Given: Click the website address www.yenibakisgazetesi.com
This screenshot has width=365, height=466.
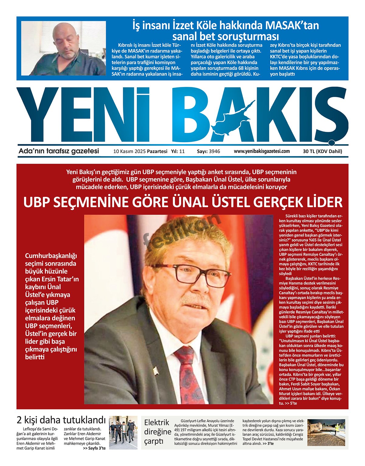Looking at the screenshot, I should point(262,151).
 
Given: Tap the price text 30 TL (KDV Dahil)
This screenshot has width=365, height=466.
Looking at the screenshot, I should point(322,151).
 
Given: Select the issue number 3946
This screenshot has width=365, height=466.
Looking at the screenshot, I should point(214,151).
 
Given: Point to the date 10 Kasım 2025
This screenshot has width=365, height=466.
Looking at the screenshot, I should point(129,151).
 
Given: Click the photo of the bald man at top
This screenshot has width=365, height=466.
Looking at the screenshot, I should point(64,48).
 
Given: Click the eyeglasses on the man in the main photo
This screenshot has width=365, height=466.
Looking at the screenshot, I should point(189,272).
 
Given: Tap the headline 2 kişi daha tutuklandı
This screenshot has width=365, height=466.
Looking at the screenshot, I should point(61,420).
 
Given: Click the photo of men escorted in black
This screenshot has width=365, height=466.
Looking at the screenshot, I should point(123,432).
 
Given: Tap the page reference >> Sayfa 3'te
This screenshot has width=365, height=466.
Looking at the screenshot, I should point(94,448).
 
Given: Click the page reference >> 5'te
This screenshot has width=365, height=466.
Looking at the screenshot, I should point(291,403).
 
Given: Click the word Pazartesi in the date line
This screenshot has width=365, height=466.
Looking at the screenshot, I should point(157,151).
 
